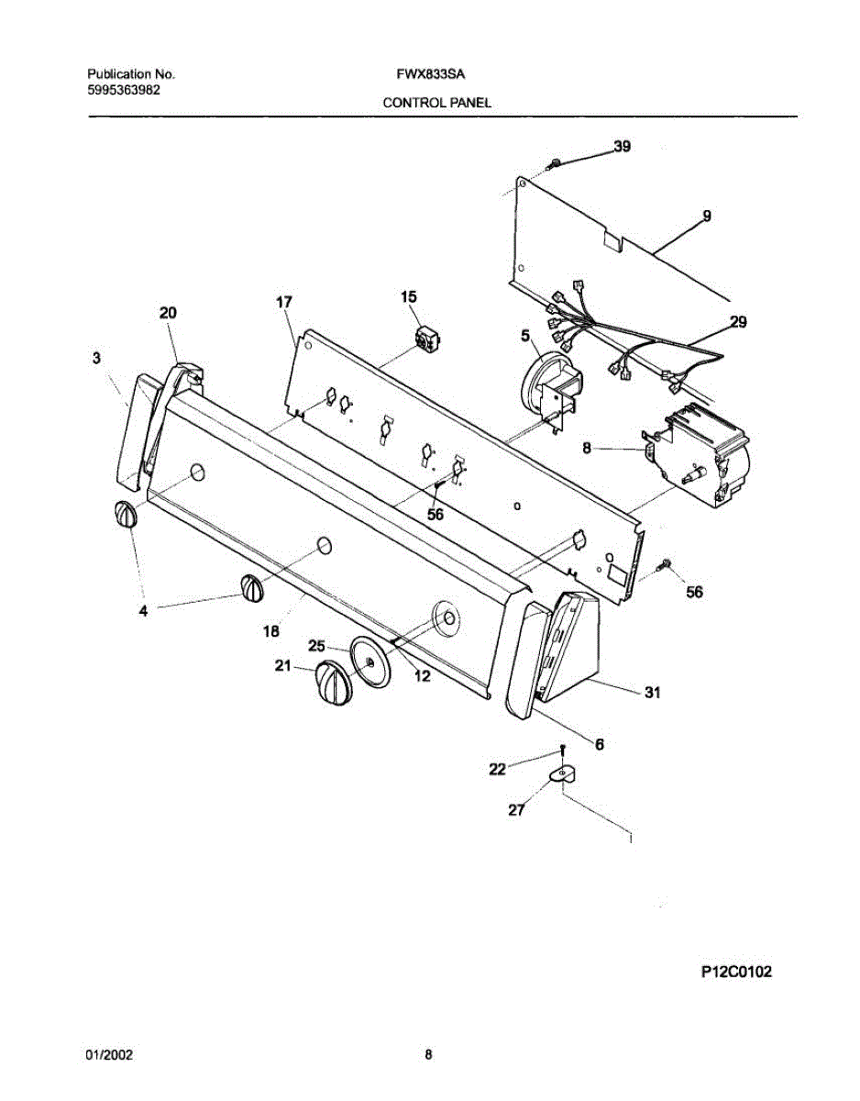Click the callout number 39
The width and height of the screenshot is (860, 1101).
[622, 147]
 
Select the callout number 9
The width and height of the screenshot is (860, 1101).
[707, 217]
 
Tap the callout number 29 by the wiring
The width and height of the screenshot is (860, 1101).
[738, 322]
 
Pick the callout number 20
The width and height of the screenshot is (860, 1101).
[168, 313]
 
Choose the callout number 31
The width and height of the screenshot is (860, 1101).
[652, 694]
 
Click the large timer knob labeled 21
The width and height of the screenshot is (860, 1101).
[331, 684]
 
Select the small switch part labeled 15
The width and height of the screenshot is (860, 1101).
[427, 339]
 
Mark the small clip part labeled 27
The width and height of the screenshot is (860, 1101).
[560, 777]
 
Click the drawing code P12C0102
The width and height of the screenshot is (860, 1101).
[735, 972]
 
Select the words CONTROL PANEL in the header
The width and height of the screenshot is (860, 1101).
[436, 103]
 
